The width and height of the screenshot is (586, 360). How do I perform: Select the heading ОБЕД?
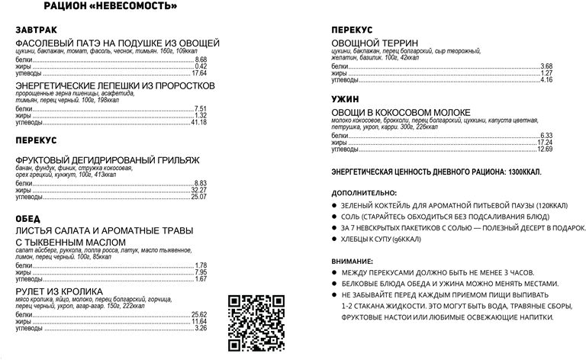27,219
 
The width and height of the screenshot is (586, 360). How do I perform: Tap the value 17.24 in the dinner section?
544,142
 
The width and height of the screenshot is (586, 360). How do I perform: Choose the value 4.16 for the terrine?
546,79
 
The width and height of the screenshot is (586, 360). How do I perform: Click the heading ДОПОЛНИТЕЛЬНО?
364,192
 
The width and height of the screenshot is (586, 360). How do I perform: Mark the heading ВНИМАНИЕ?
353,261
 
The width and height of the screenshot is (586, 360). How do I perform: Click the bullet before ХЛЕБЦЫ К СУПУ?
334,238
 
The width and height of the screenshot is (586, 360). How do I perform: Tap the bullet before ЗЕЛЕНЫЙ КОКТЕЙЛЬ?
334,206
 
